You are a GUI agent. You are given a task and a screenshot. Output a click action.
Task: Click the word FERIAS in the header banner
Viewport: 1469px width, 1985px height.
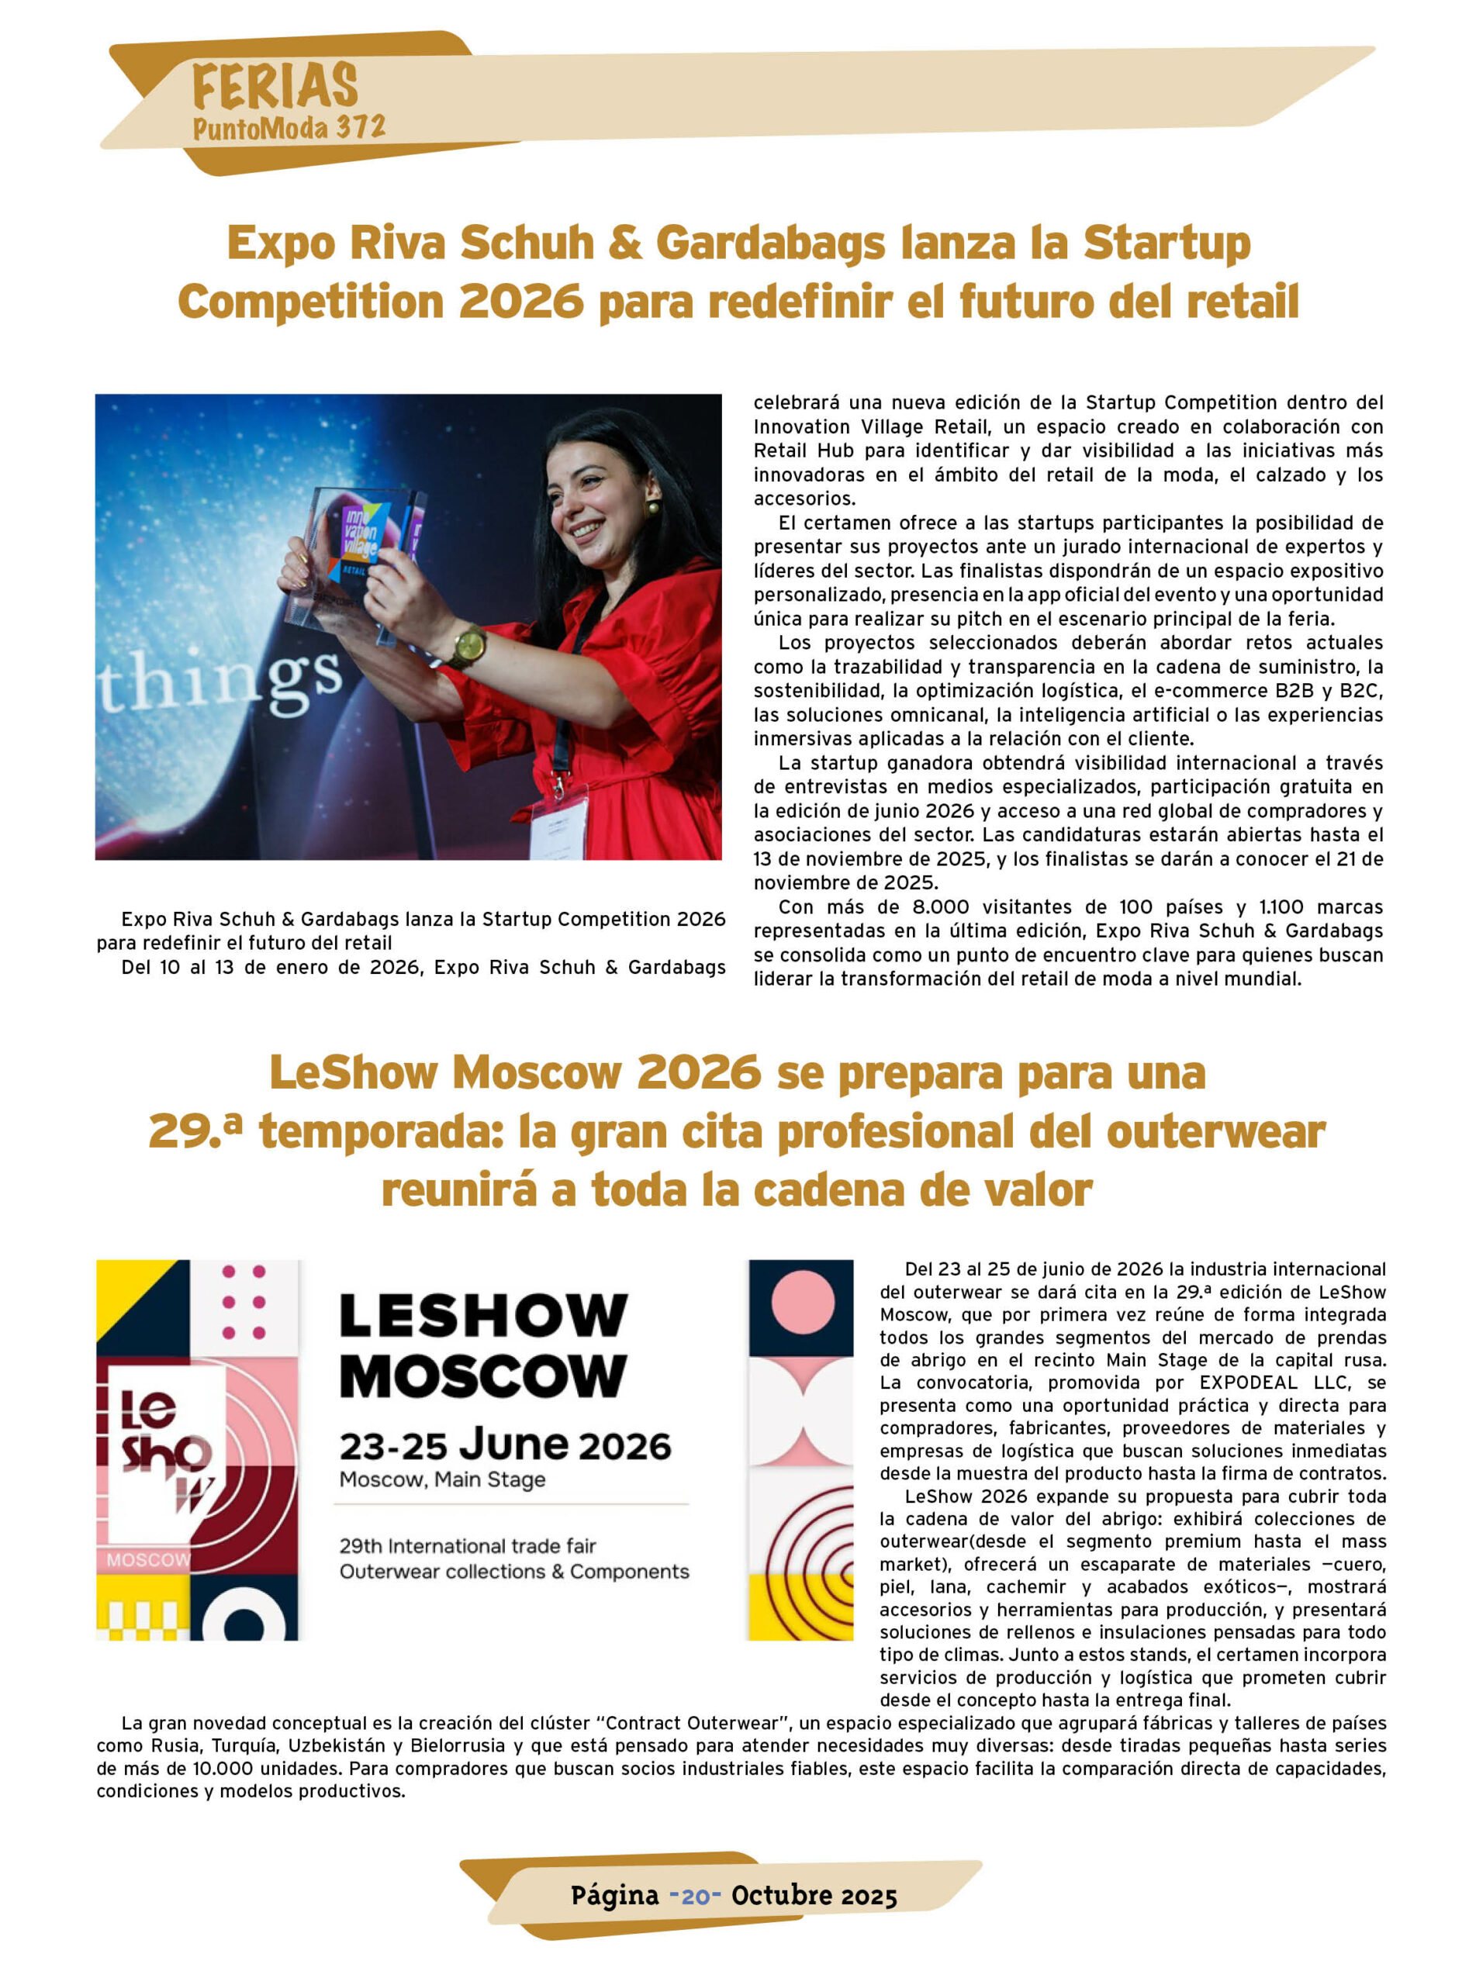pos(275,86)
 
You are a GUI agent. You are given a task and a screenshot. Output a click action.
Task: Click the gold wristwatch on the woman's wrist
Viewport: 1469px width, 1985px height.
pos(466,646)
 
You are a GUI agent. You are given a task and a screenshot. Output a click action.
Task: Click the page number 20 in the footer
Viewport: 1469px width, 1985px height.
pos(694,1895)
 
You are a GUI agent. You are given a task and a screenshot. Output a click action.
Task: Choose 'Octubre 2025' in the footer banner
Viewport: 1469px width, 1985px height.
pos(814,1895)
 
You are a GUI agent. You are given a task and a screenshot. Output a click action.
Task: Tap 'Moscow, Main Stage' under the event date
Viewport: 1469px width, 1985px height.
pos(442,1480)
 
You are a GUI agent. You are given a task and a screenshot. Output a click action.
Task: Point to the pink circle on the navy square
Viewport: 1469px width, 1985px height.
pos(802,1303)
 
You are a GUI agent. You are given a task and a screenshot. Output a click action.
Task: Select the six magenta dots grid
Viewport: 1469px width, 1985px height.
pos(244,1303)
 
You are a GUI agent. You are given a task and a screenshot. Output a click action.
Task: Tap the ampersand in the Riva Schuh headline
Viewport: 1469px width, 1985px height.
pos(625,243)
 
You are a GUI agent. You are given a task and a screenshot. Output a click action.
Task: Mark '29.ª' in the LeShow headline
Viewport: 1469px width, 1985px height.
pos(195,1131)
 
